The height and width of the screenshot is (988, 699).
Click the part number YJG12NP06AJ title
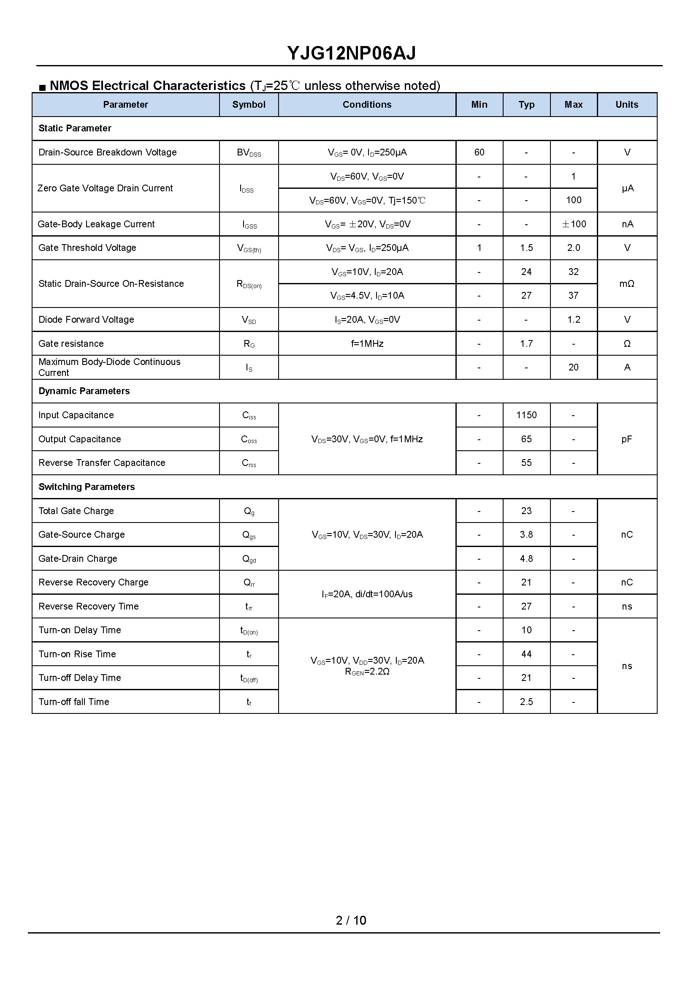click(x=351, y=53)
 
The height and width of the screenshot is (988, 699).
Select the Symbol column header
click(x=249, y=105)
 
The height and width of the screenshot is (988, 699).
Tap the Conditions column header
click(x=367, y=105)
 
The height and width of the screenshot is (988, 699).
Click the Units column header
click(x=627, y=105)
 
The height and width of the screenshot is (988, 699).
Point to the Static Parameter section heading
click(x=75, y=128)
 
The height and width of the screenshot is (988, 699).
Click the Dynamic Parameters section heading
click(x=84, y=391)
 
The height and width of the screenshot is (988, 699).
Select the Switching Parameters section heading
click(x=87, y=487)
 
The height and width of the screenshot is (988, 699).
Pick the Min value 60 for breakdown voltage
click(x=479, y=152)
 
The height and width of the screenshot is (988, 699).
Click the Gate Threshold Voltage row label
click(x=87, y=248)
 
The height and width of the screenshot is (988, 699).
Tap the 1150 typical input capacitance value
click(x=526, y=415)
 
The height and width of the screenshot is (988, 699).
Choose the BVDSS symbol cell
click(x=249, y=153)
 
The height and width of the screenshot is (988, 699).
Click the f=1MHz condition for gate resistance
click(x=367, y=344)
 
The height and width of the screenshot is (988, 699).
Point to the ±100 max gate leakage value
click(x=574, y=224)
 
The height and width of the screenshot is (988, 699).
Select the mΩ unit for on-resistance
click(x=627, y=284)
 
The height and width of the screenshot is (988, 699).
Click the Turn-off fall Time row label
click(x=73, y=702)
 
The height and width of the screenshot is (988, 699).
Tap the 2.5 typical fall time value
click(x=526, y=702)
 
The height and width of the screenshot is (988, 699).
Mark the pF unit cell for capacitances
click(x=627, y=439)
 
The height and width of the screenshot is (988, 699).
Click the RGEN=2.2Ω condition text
click(x=367, y=672)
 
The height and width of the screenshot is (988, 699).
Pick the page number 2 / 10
click(x=351, y=920)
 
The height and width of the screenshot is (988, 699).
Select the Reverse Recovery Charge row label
click(x=93, y=582)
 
